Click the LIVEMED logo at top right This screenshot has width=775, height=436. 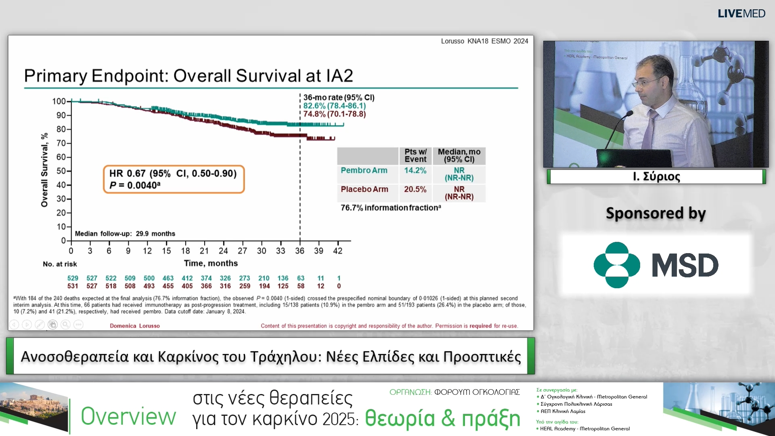[741, 14]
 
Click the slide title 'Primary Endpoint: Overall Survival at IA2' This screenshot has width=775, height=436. [189, 76]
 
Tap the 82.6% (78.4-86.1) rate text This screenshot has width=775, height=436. [334, 106]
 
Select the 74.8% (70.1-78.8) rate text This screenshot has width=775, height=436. [334, 114]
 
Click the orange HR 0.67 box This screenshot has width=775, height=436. [174, 179]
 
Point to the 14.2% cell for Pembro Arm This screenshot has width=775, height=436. [415, 171]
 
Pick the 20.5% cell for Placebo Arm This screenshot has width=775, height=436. [415, 189]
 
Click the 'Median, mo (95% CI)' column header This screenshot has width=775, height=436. [459, 155]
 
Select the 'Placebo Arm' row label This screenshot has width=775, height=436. [364, 189]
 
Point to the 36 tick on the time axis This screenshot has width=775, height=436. [300, 251]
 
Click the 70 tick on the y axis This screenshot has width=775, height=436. [61, 143]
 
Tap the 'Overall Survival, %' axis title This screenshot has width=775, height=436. [44, 170]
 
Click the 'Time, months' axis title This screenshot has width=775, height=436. [211, 263]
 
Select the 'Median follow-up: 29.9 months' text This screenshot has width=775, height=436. [125, 234]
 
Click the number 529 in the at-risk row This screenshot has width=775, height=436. [73, 278]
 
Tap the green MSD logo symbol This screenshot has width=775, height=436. [616, 265]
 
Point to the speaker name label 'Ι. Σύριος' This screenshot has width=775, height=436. [656, 177]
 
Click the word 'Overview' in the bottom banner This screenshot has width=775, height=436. [128, 416]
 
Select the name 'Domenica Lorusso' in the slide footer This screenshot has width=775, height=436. [135, 326]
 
